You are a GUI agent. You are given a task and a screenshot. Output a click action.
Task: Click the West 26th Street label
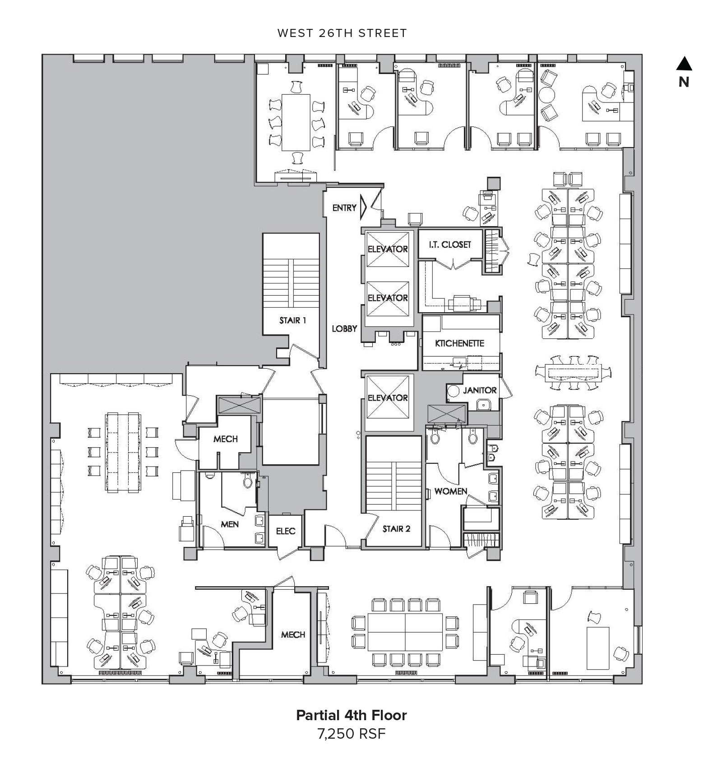tap(342, 33)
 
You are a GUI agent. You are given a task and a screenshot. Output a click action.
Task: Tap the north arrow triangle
tap(684, 64)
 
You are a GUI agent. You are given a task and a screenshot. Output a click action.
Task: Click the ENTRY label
tap(344, 208)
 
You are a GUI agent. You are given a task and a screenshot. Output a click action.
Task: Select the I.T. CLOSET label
tap(449, 245)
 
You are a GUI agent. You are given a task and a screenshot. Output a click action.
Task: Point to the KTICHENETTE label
tap(459, 343)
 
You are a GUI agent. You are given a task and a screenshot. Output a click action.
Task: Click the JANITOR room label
tap(480, 390)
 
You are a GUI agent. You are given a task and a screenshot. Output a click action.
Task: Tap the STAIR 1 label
tap(292, 320)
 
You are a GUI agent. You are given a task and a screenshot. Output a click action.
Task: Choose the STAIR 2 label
tap(396, 529)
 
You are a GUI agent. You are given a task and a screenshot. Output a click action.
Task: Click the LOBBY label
tap(344, 329)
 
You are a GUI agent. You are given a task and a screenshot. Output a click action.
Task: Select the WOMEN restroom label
tap(450, 491)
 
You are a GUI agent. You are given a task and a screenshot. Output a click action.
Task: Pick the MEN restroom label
tap(230, 524)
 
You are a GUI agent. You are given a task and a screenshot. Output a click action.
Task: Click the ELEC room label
tap(286, 531)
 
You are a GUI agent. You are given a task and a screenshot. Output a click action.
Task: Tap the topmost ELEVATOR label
tap(388, 249)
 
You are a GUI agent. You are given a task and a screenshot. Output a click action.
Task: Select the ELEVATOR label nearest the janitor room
tap(388, 398)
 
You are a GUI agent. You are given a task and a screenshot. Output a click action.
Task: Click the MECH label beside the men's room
tap(225, 439)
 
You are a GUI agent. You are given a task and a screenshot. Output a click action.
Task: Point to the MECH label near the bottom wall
tap(293, 635)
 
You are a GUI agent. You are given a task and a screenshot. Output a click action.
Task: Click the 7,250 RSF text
tap(352, 734)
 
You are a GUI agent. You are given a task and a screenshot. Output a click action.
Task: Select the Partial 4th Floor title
tap(352, 715)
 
